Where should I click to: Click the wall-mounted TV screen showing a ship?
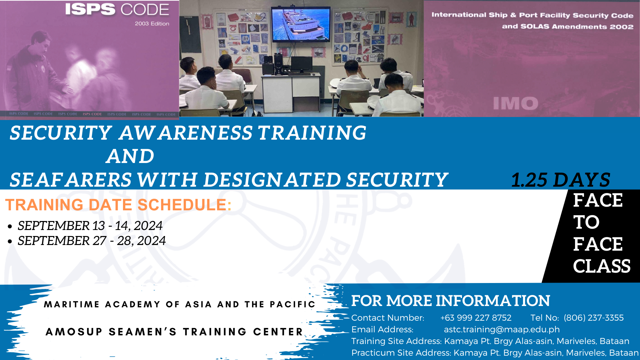[x=300, y=25]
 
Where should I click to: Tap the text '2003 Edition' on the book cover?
[x=152, y=24]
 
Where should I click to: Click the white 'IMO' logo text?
[x=516, y=103]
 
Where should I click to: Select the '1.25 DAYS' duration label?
[x=561, y=180]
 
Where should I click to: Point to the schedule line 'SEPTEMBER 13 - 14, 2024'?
[x=90, y=226]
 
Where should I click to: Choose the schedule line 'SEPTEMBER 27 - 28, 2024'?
[x=92, y=241]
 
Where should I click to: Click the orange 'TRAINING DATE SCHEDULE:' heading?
[x=118, y=205]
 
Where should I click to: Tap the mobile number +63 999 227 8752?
[x=476, y=318]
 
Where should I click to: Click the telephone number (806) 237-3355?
[x=594, y=318]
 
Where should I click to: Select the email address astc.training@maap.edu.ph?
[x=502, y=329]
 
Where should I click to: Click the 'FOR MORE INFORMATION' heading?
[x=451, y=301]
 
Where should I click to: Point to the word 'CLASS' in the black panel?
[x=602, y=266]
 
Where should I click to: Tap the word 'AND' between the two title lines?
[x=130, y=156]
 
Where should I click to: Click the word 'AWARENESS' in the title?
[x=186, y=133]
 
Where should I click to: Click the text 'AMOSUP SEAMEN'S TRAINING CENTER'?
[x=174, y=332]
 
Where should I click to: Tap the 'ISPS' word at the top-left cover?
[x=90, y=9]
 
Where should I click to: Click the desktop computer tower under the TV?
[x=278, y=64]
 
